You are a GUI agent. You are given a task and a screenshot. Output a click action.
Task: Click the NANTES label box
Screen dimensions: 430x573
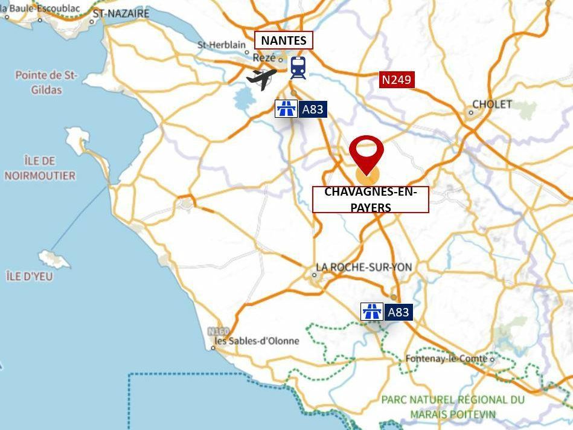[x=283, y=40]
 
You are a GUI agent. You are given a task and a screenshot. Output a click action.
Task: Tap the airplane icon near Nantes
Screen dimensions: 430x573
[x=261, y=78]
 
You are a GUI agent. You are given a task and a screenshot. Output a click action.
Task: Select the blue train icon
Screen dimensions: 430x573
[x=298, y=68]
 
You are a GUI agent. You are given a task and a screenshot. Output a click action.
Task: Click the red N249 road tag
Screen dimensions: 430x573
[x=397, y=80]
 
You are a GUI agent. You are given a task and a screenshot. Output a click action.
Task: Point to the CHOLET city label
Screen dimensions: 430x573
[x=491, y=104]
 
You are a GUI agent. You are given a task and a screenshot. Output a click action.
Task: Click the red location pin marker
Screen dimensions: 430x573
[x=367, y=155]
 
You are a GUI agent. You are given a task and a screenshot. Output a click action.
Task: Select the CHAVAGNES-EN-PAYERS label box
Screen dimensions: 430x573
[x=370, y=199]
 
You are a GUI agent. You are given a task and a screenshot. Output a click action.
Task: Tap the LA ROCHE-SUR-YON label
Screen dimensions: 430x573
[x=364, y=267]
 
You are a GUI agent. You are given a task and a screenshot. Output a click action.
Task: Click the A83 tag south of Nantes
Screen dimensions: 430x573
[x=313, y=109]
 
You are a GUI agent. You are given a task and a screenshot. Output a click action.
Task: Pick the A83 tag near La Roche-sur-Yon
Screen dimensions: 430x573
[x=398, y=312]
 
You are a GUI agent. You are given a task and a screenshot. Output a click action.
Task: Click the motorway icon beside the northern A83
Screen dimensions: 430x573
[x=286, y=109]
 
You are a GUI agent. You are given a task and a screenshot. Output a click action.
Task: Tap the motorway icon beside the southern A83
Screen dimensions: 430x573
[x=372, y=312]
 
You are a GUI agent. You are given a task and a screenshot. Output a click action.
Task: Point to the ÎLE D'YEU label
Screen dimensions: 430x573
[x=30, y=276]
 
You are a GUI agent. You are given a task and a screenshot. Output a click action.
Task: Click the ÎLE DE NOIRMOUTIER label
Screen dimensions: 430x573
[x=40, y=168]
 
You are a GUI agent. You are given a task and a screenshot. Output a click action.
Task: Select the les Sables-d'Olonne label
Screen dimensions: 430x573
[x=258, y=341]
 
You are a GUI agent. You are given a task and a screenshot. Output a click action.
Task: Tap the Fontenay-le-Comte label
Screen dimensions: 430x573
[x=447, y=358]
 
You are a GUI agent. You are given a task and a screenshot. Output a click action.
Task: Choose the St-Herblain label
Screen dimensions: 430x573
[x=222, y=45]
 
